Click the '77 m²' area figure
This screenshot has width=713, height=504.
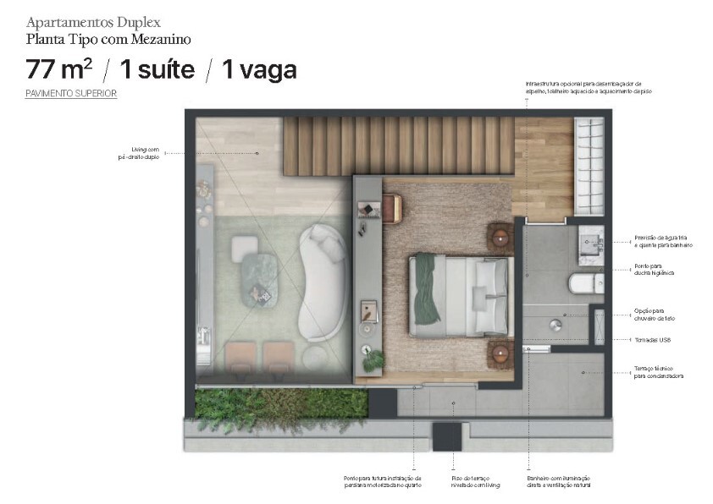[58, 69]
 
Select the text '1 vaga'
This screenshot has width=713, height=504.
[259, 69]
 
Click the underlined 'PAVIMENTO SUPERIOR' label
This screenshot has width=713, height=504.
[71, 94]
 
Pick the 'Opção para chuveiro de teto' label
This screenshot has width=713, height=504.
[654, 314]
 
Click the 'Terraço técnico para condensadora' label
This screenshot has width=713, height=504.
[658, 372]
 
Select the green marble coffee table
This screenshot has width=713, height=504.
[260, 278]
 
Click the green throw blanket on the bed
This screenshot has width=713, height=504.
[426, 289]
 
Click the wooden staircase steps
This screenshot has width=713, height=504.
[398, 145]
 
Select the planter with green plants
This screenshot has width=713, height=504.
[279, 403]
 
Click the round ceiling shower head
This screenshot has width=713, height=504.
[557, 323]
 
